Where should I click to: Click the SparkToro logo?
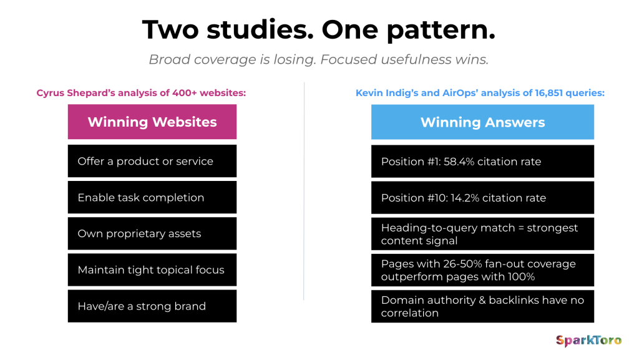point(588,341)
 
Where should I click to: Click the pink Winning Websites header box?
point(152,122)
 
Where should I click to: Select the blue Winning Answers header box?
point(482,122)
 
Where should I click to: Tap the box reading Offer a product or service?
point(152,161)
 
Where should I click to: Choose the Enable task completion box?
point(152,197)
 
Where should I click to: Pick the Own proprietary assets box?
point(152,233)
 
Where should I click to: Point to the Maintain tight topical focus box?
point(152,270)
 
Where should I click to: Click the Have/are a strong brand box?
point(152,306)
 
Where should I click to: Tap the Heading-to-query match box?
point(482,234)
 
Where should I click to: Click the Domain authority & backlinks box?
point(482,306)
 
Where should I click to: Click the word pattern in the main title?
point(441,31)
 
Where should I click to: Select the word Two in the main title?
point(171,30)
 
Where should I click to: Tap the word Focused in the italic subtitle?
point(348,59)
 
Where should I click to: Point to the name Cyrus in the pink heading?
point(51,93)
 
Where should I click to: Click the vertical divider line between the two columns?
point(304,191)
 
